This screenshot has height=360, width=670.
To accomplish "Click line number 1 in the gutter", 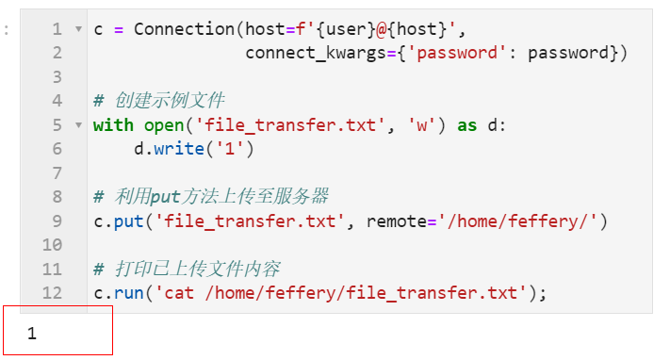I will coord(57,29).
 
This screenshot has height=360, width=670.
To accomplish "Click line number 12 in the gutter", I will coord(52,293).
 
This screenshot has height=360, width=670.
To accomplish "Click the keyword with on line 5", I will coord(114,125).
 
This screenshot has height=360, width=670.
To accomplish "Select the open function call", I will coord(164,125).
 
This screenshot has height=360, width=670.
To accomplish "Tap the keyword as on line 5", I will coord(467,125).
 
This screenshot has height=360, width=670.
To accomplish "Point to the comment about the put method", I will coord(211,197).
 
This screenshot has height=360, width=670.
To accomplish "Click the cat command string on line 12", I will coord(342,293).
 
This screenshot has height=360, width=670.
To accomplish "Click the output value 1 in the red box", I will coord(32,334).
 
